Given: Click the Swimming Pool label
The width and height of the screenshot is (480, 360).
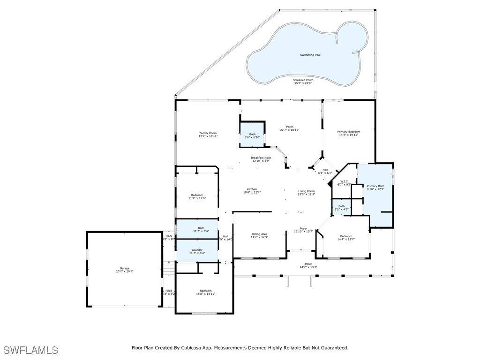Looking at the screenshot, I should click(310, 55).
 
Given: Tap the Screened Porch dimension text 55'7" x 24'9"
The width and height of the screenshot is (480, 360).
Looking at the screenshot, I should click(304, 83).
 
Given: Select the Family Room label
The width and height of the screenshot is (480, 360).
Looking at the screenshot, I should click(208, 133).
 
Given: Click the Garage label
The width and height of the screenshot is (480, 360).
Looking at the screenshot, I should click(124, 269).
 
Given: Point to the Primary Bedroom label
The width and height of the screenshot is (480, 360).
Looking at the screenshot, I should click(349, 132).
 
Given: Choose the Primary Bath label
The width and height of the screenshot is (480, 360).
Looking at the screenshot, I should click(375, 187).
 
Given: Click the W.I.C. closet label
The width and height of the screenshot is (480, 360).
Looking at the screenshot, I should click(344, 181).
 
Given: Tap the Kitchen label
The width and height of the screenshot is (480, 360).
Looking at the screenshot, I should click(251, 189).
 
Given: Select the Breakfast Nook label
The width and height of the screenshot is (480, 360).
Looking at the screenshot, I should click(261, 158).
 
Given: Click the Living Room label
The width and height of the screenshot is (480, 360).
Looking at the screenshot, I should click(307, 191).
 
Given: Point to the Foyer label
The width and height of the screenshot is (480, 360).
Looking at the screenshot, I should click(304, 228).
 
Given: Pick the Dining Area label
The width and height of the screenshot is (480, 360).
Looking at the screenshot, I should click(259, 234).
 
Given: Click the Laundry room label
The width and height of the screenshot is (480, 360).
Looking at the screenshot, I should click(197, 250).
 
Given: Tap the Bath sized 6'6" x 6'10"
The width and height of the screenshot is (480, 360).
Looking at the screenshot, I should click(252, 134).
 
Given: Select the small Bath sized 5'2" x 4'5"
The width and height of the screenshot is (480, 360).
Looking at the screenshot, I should click(342, 206).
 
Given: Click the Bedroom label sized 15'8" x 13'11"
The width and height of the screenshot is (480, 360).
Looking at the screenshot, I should click(205, 291).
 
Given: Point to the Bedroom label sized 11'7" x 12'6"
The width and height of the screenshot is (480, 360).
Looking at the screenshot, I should click(197, 195).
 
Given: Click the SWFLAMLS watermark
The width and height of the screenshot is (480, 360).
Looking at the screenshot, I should click(30, 350).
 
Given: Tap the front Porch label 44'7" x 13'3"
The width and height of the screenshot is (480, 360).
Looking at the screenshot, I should click(308, 264).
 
